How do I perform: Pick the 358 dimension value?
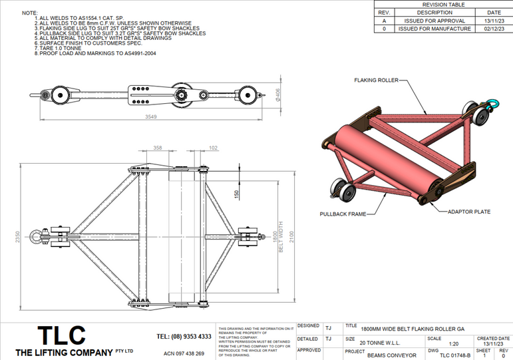click(x=158, y=148)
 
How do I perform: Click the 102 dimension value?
click(x=213, y=148)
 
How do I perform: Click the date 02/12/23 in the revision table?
click(x=494, y=29)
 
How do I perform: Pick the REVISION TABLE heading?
click(x=444, y=5)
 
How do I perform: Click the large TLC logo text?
click(x=61, y=334)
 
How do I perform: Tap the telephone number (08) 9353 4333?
click(x=184, y=336)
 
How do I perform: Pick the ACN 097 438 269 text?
click(x=184, y=353)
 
